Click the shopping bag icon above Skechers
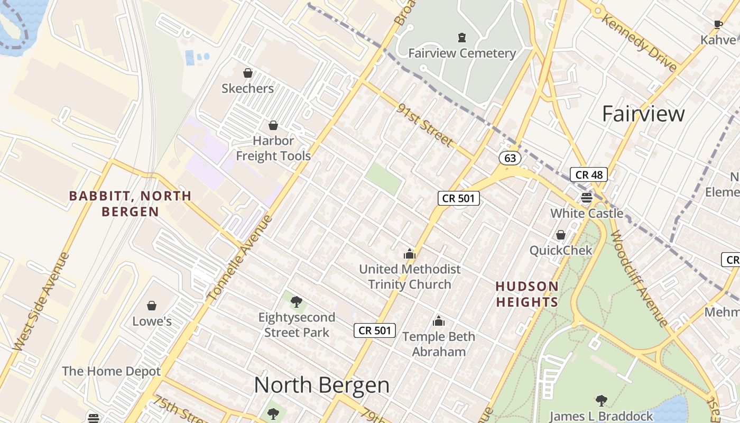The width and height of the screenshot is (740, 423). pos(247,73)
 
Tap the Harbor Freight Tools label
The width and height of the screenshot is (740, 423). pos(273,148)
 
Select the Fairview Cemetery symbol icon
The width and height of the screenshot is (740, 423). pos(462,38)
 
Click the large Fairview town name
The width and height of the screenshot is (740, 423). pos(643,114)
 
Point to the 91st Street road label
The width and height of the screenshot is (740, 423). pos(425,125)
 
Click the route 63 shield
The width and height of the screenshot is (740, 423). pos(510,158)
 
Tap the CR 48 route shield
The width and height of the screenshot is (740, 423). pos(589,174)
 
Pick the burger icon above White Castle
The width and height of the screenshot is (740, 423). pos(587,198)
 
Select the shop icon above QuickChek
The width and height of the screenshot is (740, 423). pos(561,235)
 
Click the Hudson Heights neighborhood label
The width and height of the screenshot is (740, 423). pos(527,294)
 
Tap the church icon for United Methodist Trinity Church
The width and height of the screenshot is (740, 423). pos(410,254)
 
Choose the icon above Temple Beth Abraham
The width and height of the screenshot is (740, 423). pos(439,321)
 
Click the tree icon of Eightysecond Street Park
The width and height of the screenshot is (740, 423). pos(297,302)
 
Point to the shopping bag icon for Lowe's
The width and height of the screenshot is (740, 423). pos(152,306)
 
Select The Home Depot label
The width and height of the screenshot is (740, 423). pos(111,371)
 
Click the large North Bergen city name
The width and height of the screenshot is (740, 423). pos(322,385)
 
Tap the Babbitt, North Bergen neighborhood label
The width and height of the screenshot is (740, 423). pos(131,204)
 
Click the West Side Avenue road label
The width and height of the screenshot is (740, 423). pos(41,302)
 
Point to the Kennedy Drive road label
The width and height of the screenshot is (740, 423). pos(639,43)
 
